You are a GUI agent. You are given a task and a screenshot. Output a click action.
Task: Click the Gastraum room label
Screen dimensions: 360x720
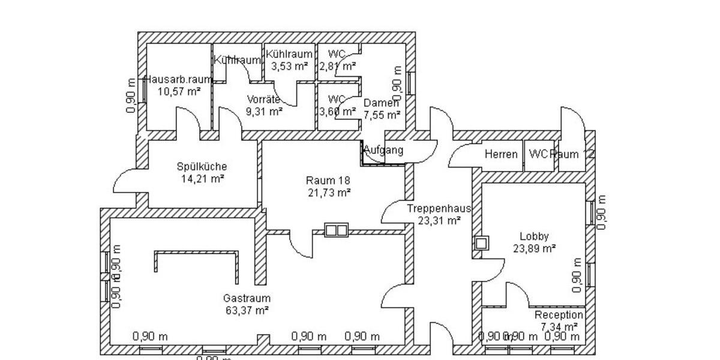click(247, 298)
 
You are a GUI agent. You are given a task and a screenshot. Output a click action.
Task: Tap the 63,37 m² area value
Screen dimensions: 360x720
click(247, 310)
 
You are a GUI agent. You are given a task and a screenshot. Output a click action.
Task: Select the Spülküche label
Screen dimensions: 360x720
click(202, 166)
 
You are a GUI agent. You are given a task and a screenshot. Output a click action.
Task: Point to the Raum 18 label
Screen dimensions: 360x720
click(328, 180)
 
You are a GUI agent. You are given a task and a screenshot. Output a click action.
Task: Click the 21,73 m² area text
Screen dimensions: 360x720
click(328, 192)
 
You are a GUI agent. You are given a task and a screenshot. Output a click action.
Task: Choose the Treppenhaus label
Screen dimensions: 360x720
click(439, 209)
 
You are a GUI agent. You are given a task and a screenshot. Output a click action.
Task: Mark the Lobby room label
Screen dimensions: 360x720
click(534, 236)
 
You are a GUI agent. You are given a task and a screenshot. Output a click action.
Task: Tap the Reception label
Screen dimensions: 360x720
click(559, 315)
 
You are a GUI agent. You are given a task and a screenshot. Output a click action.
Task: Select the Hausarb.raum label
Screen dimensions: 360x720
click(178, 79)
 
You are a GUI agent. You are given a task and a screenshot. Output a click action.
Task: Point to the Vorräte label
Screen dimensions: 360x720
click(264, 100)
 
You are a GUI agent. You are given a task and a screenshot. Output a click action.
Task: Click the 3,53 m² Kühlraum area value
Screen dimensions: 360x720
click(290, 66)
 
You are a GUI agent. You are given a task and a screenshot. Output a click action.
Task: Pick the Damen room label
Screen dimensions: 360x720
click(381, 103)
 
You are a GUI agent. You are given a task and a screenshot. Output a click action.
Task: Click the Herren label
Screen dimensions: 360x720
click(501, 154)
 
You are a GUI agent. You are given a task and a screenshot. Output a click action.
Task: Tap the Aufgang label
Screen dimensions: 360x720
click(383, 151)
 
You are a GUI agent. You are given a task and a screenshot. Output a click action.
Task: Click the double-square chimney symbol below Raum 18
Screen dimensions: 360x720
click(336, 230)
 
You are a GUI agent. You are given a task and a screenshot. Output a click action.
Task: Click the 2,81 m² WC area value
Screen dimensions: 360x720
click(338, 66)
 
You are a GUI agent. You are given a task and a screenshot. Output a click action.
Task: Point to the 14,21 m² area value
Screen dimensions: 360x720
click(202, 178)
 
